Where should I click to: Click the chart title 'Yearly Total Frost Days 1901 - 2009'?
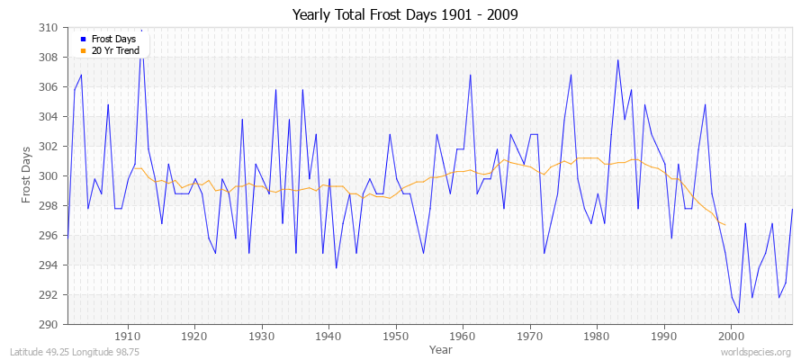tap(405, 15)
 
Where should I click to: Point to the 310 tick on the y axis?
tap(49, 28)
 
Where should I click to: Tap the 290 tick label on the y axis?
tap(49, 324)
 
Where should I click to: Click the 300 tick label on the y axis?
tap(49, 176)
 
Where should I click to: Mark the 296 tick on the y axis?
tap(49, 235)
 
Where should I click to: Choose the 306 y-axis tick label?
tap(49, 87)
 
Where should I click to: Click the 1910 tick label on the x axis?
tap(127, 336)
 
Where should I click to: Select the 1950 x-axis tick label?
tap(395, 336)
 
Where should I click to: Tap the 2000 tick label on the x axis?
tap(731, 336)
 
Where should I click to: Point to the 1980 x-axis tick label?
tap(597, 336)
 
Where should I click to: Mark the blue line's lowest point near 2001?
tap(739, 312)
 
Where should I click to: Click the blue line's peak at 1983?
tap(617, 60)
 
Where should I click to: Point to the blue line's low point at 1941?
tap(337, 267)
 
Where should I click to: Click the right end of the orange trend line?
tap(725, 224)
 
